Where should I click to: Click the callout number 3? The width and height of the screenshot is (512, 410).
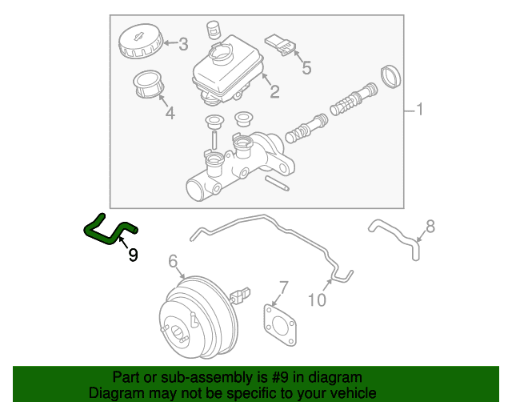pos(183,44)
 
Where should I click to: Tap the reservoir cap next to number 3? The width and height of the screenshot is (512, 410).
pos(141,41)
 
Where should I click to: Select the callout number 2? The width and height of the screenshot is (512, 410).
pos(274,91)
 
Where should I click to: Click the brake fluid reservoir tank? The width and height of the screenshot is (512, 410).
pos(227,70)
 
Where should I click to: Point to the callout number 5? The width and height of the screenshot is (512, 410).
pos(306,68)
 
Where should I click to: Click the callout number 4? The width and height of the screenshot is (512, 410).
pos(170,113)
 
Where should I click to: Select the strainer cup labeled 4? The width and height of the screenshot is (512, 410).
pos(149,84)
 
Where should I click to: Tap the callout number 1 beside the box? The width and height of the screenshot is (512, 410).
pos(420,109)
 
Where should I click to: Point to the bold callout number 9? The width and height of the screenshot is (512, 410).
pos(133,255)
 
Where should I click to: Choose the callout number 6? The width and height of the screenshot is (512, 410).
pos(173,261)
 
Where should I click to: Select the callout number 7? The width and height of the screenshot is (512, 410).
pos(283,287)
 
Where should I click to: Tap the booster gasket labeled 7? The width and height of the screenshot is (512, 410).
pos(280,325)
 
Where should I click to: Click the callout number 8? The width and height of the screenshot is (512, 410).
pos(430,227)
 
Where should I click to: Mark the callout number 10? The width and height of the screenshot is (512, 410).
pos(317,299)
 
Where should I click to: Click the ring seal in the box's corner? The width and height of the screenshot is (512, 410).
pos(391,77)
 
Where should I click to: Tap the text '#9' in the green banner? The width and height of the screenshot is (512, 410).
pos(280,378)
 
